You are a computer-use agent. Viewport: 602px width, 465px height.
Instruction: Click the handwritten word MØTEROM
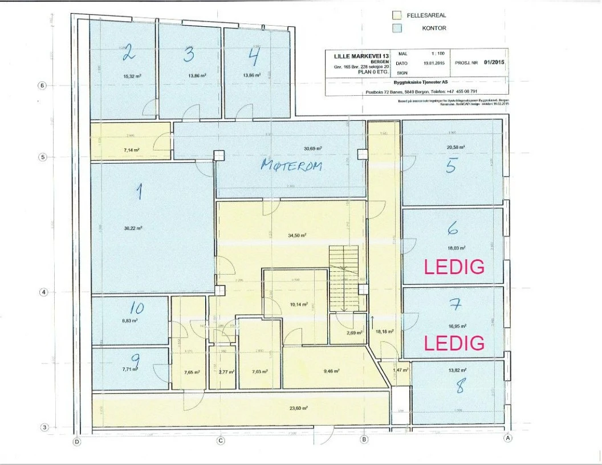(x=291, y=165)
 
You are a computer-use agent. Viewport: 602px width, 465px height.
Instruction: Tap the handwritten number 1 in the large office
(x=138, y=192)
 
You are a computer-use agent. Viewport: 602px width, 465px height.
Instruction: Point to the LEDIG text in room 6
(x=454, y=267)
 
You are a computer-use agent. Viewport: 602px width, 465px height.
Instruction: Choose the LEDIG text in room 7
(x=454, y=342)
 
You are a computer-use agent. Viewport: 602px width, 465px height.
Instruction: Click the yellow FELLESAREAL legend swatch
(x=397, y=16)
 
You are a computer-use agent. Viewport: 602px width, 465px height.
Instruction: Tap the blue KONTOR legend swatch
(x=397, y=28)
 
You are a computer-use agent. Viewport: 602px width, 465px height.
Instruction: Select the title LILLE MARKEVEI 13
(x=357, y=55)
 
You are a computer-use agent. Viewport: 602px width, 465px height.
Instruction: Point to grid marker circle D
(x=77, y=440)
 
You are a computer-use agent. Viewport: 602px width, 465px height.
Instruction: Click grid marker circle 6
(x=41, y=85)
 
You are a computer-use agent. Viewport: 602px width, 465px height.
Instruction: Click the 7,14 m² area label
(x=132, y=150)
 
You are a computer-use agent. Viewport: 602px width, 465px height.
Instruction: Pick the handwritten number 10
(x=136, y=308)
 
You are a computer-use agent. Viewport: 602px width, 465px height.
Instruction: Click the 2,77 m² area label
(x=222, y=372)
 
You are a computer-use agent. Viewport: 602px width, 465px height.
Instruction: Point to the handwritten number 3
(x=188, y=54)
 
